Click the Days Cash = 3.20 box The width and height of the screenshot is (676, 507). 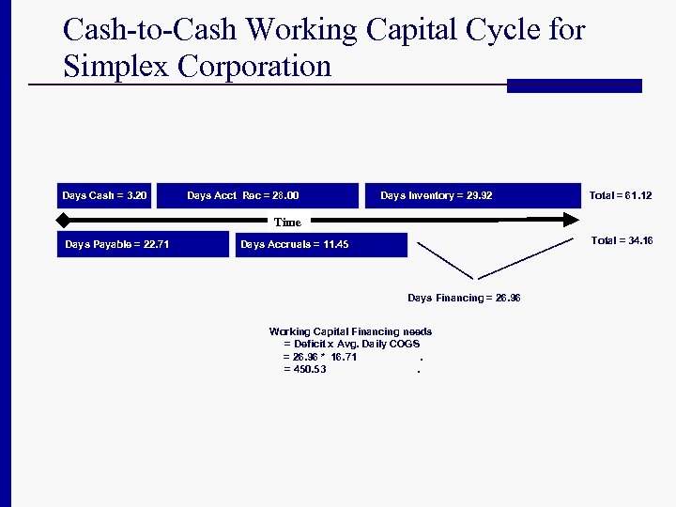(104, 195)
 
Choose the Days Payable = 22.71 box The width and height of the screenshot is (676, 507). (143, 244)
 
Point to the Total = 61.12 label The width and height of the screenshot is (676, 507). (620, 195)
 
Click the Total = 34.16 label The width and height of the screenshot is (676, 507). (622, 241)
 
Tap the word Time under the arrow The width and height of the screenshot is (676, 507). (287, 223)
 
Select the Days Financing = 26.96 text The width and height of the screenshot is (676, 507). (464, 298)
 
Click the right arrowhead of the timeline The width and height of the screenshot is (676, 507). (569, 220)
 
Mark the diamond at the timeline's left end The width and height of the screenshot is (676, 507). (63, 220)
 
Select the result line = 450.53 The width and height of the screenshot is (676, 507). (305, 370)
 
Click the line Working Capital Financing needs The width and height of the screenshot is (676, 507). (350, 331)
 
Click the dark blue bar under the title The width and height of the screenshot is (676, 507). (574, 85)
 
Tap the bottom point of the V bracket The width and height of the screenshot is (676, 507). (479, 278)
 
